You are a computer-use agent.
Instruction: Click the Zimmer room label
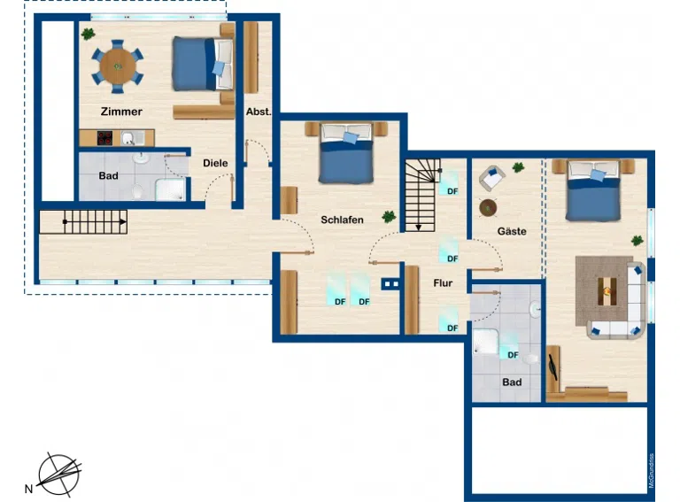tap(121, 112)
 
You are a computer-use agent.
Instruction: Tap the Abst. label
tap(259, 112)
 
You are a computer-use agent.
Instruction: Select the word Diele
tap(215, 163)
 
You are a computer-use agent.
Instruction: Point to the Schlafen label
tap(342, 220)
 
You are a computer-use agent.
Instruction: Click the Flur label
tap(443, 283)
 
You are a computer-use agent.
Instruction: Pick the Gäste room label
tap(512, 231)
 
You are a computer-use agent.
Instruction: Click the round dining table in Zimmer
tap(118, 66)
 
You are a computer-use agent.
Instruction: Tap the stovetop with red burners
tap(104, 138)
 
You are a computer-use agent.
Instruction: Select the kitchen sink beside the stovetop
tap(130, 138)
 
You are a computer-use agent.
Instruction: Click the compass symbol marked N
tap(59, 475)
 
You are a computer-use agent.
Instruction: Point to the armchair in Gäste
tap(491, 177)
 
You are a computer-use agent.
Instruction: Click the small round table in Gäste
tap(488, 208)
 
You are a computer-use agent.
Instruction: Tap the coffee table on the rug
tap(607, 291)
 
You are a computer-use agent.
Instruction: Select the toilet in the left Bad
tap(137, 191)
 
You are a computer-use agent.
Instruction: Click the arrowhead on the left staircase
tap(123, 222)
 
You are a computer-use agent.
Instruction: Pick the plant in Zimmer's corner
tap(88, 34)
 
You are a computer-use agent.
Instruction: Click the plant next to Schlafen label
tap(389, 216)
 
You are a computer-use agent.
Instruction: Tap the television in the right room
tap(552, 367)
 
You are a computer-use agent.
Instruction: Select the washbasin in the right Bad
tap(535, 309)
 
